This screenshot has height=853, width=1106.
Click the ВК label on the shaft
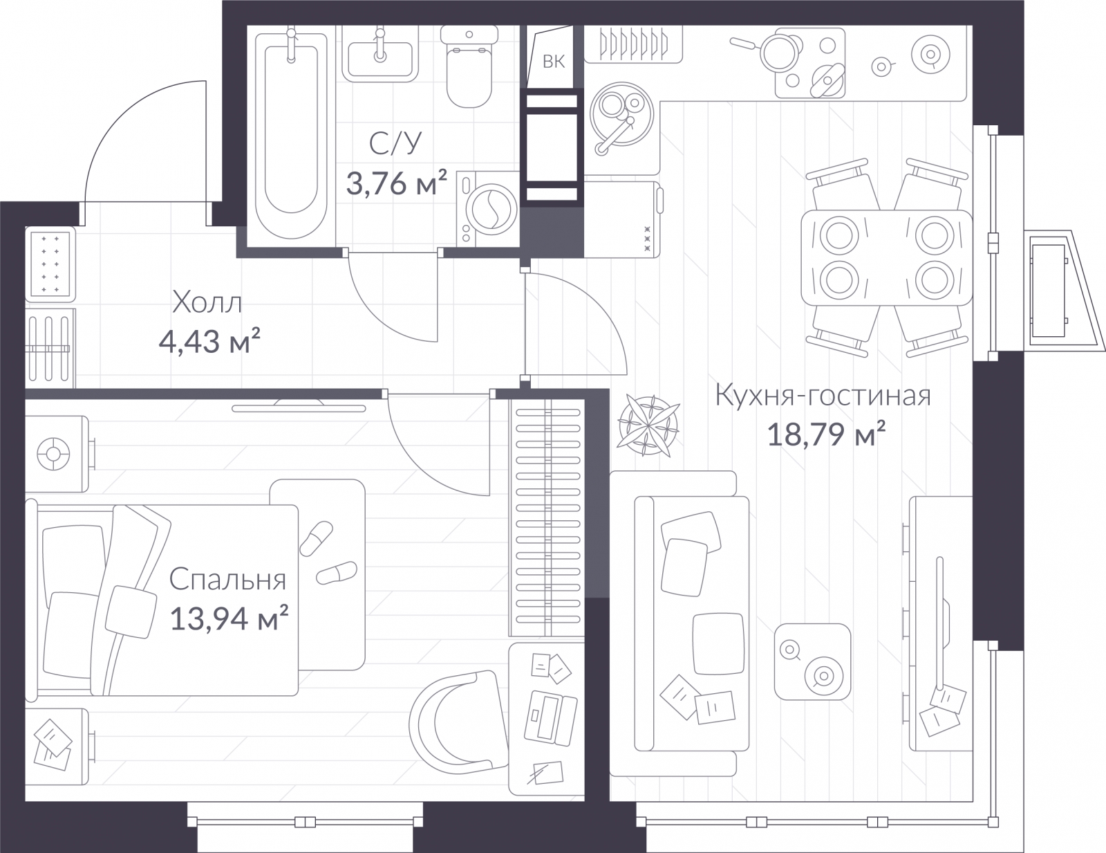[553, 62]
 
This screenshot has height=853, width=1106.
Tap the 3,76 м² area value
[397, 183]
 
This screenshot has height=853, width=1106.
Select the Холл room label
[207, 302]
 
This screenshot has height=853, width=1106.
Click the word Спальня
[227, 579]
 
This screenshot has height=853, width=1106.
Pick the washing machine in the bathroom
[487, 209]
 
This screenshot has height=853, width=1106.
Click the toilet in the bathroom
[469, 66]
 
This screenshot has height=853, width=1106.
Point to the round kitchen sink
[621, 115]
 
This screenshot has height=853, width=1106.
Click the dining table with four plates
[886, 257]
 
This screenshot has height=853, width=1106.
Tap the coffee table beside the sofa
[812, 661]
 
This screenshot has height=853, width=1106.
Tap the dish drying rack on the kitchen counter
[633, 45]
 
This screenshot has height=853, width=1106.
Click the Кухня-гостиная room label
[823, 396]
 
